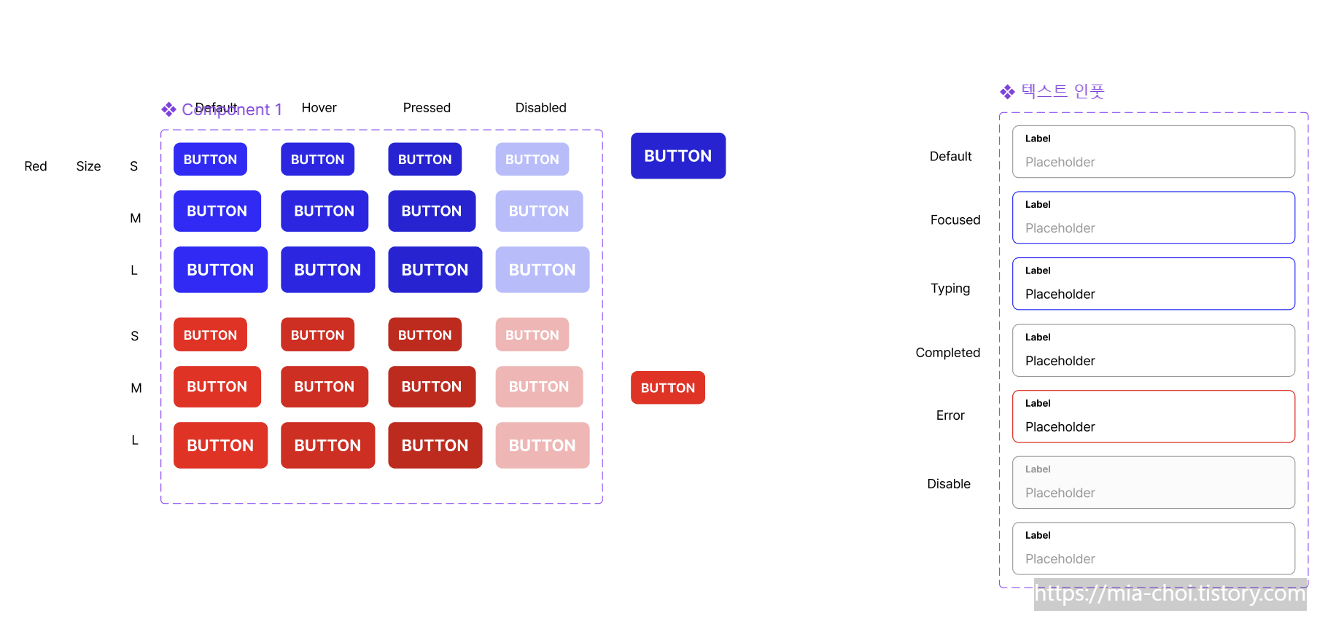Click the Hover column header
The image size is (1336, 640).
[319, 108]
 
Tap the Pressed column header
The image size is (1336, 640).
[427, 108]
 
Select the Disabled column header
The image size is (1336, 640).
[540, 108]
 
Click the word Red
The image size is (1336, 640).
[36, 166]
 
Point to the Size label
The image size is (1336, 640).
[88, 166]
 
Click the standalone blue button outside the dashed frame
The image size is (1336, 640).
[677, 156]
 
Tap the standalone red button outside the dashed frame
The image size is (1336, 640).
[667, 388]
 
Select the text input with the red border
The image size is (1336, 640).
[1153, 416]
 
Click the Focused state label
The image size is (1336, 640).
[955, 220]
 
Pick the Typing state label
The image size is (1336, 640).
[949, 289]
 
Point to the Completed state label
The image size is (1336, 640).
[947, 353]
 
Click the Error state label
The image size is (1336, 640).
[949, 415]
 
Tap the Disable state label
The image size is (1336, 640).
[948, 484]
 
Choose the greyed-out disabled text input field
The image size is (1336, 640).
[1153, 483]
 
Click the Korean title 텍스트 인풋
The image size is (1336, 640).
[1063, 91]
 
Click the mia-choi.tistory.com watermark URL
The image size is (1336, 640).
[1170, 594]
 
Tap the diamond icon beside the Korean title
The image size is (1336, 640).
[1007, 92]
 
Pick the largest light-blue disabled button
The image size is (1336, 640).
[542, 270]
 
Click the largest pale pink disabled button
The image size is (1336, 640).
[542, 445]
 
